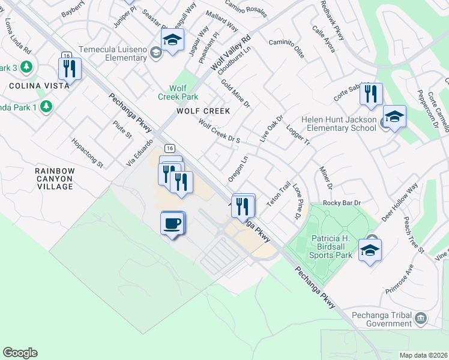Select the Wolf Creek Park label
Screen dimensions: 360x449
tap(178, 92)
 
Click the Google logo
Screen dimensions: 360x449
tap(20, 353)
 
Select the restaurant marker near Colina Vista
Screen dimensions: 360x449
tap(71, 68)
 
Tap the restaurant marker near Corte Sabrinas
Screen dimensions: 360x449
tap(371, 94)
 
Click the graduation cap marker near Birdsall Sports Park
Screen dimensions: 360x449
tap(370, 250)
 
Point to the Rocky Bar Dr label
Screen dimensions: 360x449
tap(341, 203)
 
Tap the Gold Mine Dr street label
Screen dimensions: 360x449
tap(235, 93)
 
